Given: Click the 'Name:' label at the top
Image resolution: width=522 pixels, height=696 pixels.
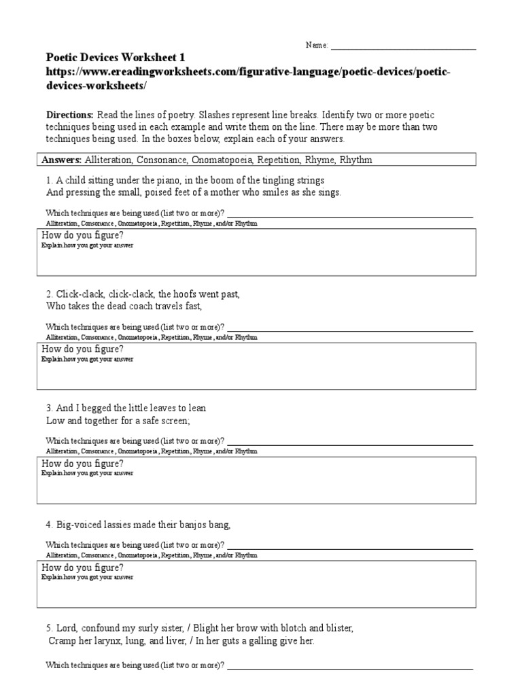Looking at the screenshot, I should (317, 45).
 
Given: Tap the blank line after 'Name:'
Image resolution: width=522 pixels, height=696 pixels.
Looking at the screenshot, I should (402, 48).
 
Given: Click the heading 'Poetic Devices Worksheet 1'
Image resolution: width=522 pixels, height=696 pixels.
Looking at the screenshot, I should (115, 58).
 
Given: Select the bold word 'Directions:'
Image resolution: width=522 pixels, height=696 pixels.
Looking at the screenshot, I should (71, 115).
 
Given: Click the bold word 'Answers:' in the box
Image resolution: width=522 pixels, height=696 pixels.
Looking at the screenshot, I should (62, 160).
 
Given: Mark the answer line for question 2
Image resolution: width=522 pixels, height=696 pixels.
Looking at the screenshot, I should (349, 330).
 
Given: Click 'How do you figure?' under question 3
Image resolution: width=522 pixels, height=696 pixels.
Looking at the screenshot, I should (82, 464).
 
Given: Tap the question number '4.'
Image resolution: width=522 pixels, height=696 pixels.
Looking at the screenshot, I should (50, 523).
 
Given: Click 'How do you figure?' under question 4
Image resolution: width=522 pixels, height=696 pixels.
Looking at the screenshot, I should (82, 567).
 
